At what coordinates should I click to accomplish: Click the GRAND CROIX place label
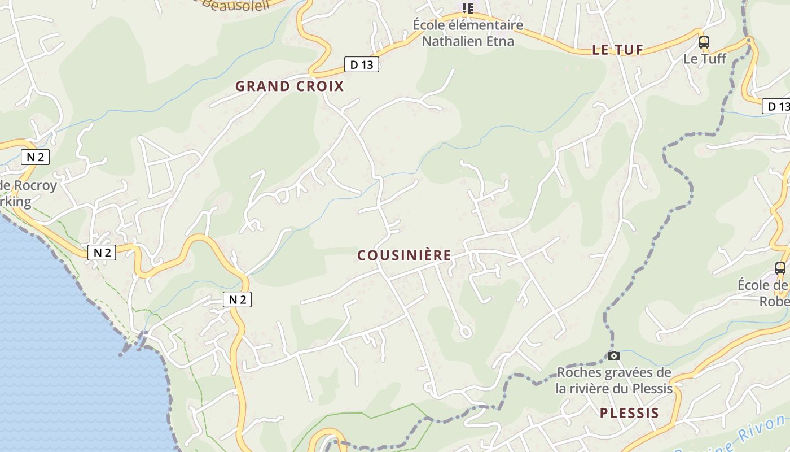pos(289,86)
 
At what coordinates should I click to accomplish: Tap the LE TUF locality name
pos(618,50)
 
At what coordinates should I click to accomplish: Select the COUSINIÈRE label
pos(404,255)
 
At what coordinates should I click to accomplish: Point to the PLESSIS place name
pos(629,413)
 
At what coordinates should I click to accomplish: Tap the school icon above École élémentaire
pos(467,8)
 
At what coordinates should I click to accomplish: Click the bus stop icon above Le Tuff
pos(704,42)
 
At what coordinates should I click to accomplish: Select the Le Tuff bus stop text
pos(705,58)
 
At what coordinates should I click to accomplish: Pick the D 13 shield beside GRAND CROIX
pos(362,64)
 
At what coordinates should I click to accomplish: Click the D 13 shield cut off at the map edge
pos(776,106)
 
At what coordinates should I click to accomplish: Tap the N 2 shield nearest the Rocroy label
pos(35,157)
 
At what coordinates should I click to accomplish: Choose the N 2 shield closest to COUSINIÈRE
pos(237,299)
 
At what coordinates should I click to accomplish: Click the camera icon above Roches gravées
pos(614,355)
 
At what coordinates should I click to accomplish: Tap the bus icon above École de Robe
pos(780,268)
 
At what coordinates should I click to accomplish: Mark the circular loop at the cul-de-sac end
pos(466,332)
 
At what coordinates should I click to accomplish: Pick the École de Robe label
pos(765,293)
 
